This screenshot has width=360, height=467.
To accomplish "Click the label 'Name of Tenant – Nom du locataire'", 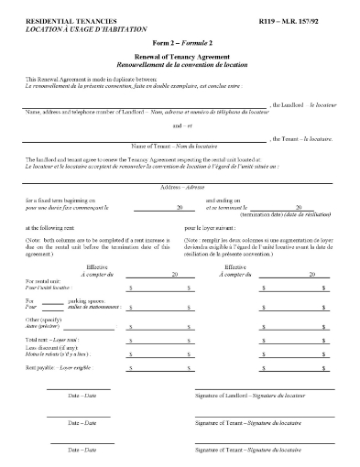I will click(x=180, y=147).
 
